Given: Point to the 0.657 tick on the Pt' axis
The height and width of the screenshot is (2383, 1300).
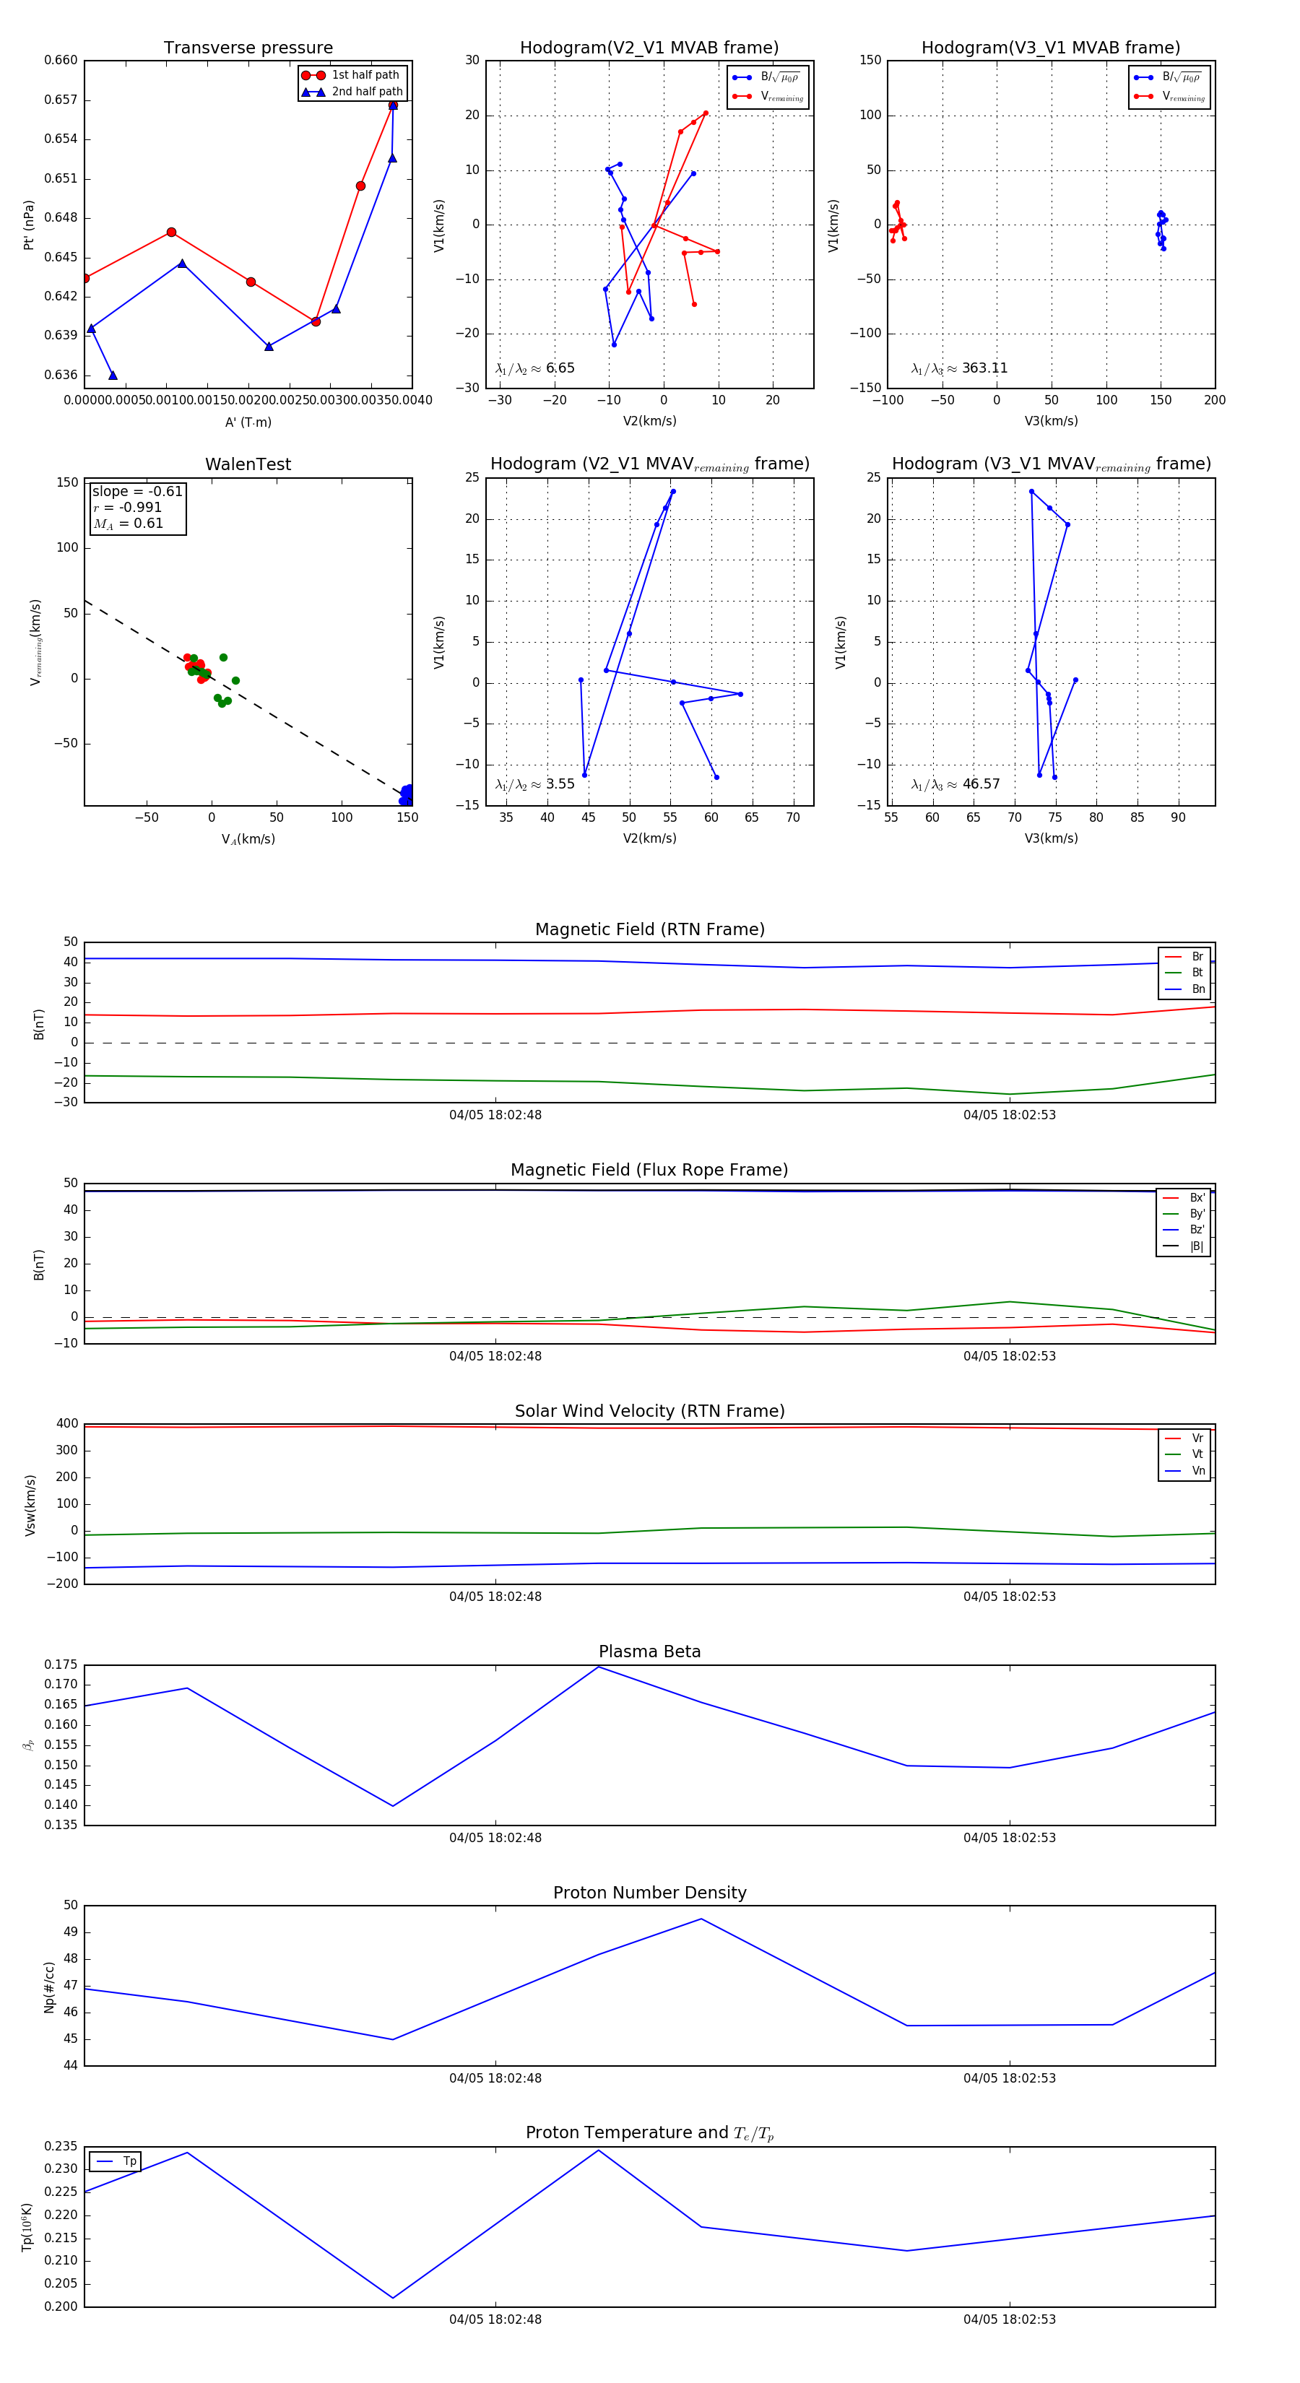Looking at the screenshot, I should (61, 100).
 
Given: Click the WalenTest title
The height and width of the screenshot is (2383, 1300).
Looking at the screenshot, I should (248, 464).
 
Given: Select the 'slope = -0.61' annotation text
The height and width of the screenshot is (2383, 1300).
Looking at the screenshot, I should (137, 491).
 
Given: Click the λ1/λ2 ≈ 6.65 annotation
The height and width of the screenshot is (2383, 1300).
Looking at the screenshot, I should (534, 368).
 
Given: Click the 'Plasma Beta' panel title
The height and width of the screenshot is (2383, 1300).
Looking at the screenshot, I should (649, 1652).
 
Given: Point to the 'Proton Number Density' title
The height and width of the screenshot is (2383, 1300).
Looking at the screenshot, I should (649, 1893).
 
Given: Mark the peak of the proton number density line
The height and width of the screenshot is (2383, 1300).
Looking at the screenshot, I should (701, 1919).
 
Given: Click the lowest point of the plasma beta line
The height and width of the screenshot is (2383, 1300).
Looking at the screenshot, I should (392, 1806).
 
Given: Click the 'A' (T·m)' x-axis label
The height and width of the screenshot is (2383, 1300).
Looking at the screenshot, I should (248, 422).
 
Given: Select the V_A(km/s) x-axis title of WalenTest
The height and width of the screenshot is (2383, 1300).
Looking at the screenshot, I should (248, 839).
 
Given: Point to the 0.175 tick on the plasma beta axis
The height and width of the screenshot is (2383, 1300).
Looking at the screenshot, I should (61, 1665).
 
